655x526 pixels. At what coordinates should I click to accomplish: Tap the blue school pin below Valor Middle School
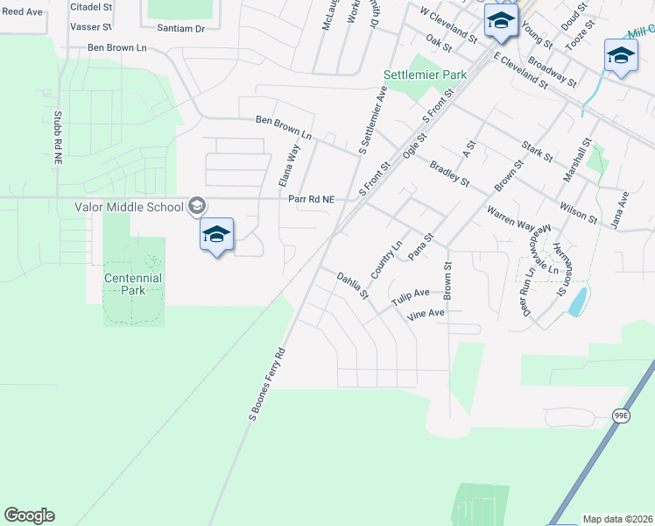216,235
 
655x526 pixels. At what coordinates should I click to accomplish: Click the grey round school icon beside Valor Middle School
196,207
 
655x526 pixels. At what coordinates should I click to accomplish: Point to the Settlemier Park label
425,75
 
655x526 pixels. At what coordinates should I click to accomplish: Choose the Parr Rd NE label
312,200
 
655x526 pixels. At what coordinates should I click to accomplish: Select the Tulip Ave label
411,296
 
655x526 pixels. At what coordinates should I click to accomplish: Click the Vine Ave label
426,313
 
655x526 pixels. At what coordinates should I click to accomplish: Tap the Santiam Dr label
180,28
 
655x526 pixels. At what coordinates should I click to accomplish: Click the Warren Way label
511,218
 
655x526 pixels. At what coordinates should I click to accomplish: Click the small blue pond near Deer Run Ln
577,302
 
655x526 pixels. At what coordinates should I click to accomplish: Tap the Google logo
29,515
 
